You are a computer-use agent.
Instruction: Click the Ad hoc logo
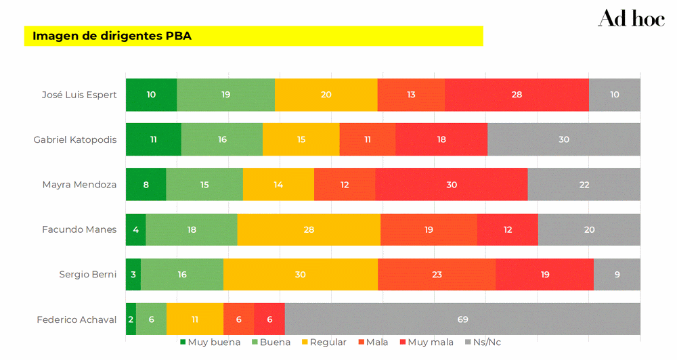(x=631, y=19)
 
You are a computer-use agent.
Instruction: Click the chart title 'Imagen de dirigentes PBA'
(x=112, y=36)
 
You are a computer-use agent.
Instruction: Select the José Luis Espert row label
(x=79, y=95)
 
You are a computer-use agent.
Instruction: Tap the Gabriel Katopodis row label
(x=75, y=139)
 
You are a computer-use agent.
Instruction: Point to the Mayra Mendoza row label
(x=79, y=184)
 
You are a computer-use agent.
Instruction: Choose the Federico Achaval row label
(x=77, y=319)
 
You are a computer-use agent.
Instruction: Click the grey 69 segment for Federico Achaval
(x=462, y=319)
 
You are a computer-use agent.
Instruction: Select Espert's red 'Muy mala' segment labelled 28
(x=517, y=95)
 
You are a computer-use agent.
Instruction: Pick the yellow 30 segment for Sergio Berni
(x=300, y=275)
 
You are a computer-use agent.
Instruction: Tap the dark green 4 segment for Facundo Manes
(x=135, y=229)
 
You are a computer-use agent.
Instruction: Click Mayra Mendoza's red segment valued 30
(x=451, y=184)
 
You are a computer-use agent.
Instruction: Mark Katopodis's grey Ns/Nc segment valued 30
(x=563, y=139)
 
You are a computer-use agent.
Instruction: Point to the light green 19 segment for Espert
(x=225, y=95)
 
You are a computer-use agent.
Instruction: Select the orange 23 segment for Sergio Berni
(x=437, y=275)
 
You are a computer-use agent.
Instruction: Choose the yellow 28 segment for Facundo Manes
(x=309, y=229)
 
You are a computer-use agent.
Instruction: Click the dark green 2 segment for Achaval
(x=131, y=319)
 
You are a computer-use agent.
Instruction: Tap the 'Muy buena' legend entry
(x=210, y=342)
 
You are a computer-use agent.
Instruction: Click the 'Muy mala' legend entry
(x=427, y=342)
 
